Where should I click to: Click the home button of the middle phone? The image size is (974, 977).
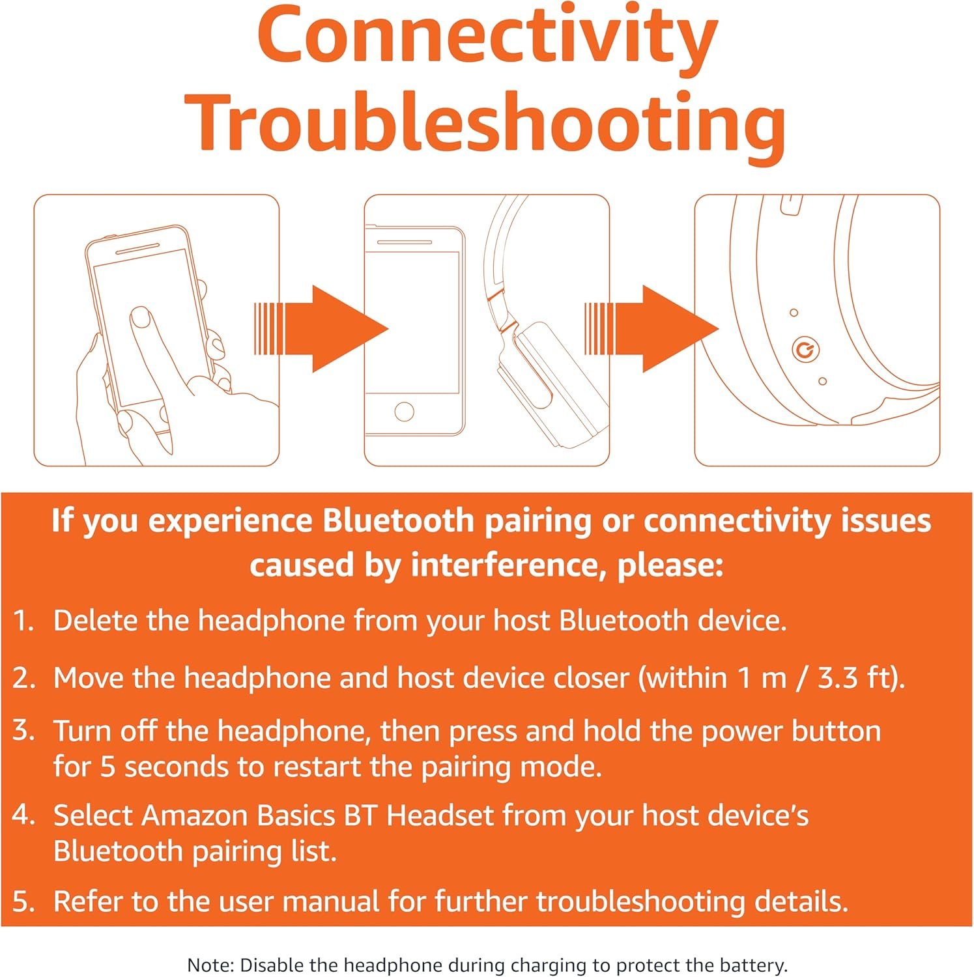404,412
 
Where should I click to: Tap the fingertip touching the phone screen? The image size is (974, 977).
141,318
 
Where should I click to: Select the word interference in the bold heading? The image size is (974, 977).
504,565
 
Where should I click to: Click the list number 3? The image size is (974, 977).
23,731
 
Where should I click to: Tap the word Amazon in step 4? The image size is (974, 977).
195,815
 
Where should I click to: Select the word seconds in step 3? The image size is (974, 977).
176,767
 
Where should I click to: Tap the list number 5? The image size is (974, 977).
23,902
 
